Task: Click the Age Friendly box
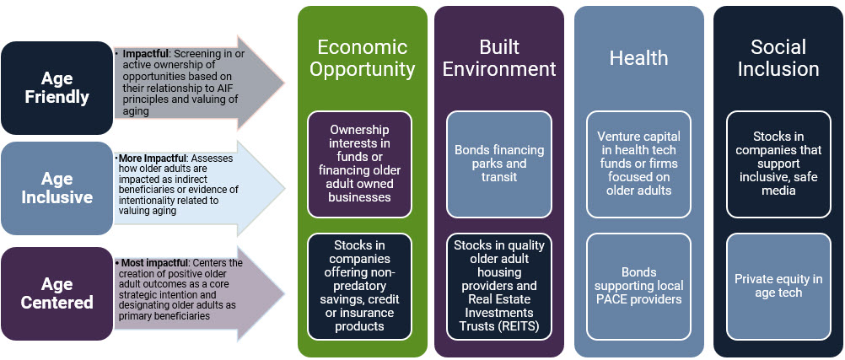57,88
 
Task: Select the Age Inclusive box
57,189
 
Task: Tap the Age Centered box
57,293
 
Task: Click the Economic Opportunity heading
362,57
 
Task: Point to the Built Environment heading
499,57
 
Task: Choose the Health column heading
638,57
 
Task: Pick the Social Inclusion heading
778,57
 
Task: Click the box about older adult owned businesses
360,164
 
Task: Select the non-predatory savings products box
360,286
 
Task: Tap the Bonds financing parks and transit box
499,164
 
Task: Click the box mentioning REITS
499,286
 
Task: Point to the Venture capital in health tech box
638,164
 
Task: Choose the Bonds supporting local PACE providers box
638,286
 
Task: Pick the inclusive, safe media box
778,164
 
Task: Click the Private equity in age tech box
778,286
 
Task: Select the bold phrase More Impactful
148,160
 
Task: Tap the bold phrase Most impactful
152,264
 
